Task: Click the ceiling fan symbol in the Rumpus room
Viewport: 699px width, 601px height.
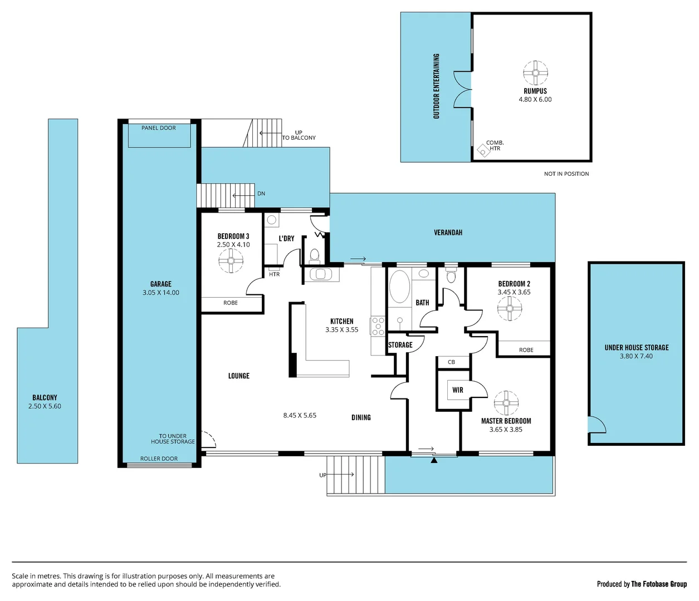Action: coord(535,72)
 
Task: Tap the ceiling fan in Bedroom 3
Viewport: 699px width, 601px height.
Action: coord(231,260)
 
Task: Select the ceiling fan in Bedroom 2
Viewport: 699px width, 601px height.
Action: coord(510,308)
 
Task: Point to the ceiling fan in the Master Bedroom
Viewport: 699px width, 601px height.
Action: coord(506,402)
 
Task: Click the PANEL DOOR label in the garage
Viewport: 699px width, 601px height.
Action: coord(158,128)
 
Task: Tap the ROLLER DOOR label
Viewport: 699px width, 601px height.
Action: coord(159,459)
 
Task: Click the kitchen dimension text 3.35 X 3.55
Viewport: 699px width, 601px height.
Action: coord(341,330)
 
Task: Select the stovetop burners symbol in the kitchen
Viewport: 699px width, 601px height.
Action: coord(378,326)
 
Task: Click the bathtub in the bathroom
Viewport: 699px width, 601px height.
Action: coord(399,287)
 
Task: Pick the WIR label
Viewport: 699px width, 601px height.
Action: coord(458,390)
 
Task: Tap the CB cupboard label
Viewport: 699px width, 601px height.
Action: coord(451,362)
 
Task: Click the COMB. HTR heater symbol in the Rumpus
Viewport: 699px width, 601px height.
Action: coord(482,150)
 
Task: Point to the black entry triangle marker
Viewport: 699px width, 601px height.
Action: coord(434,460)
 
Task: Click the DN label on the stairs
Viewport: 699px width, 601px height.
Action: coord(261,194)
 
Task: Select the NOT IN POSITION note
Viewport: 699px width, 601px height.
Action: coord(566,174)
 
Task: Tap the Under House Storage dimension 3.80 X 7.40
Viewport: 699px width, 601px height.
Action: coord(636,356)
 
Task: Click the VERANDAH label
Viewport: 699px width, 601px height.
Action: coord(448,233)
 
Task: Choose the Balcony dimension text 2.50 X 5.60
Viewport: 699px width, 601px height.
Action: coord(45,406)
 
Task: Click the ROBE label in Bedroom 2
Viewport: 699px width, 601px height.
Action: coord(526,350)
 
